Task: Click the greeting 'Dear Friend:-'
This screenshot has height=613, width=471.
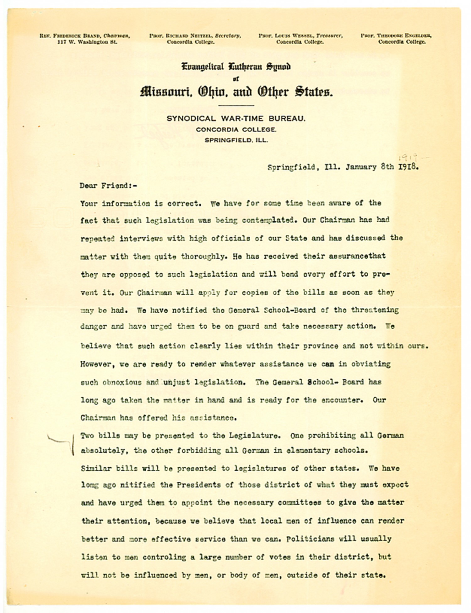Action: click(108, 186)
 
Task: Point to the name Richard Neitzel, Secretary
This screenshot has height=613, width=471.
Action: click(195, 36)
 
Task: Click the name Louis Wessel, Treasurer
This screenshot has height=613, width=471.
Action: click(300, 36)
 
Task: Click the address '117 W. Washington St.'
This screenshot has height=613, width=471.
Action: click(87, 42)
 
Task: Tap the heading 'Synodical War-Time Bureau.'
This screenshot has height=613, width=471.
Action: click(236, 119)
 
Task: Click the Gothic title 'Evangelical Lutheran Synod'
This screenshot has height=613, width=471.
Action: click(236, 67)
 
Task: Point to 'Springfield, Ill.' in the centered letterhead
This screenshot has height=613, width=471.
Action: click(236, 140)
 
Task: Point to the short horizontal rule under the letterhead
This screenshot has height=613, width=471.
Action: click(235, 106)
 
